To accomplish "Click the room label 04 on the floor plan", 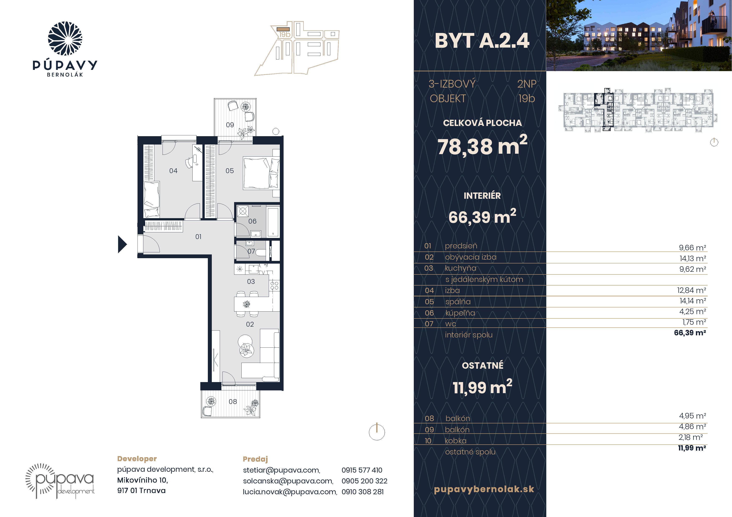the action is coord(173,171).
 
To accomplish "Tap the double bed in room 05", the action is coord(261,173).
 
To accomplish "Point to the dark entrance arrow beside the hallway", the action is coord(122,244).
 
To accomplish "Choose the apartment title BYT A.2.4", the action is coord(482,41).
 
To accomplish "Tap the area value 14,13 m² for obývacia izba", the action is coord(693,258).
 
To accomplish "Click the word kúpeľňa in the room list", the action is coord(460,313).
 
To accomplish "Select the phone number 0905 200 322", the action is coord(364,481).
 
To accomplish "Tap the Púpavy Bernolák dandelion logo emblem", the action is coord(65,39).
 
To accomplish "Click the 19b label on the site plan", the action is coord(285,34).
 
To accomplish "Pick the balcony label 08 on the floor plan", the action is coord(233,402).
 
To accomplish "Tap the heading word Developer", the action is coord(137,459).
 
